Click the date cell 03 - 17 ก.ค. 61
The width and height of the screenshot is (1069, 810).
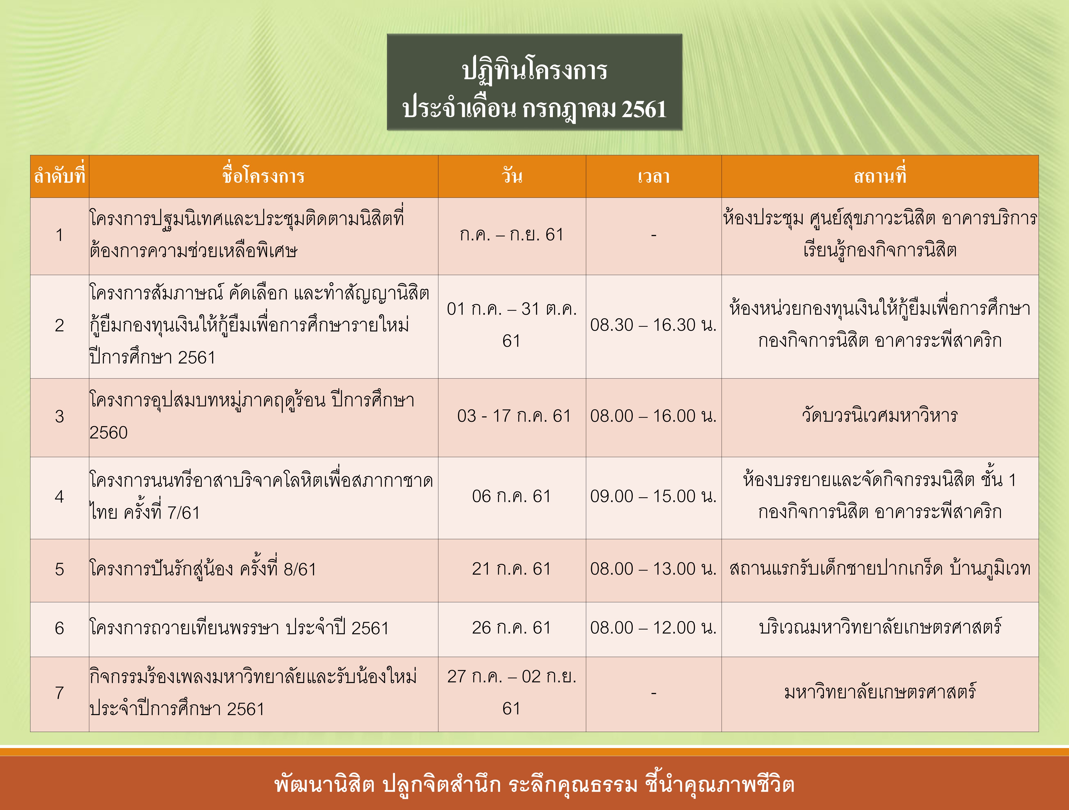[x=514, y=416]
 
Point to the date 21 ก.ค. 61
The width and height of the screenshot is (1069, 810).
[x=511, y=569]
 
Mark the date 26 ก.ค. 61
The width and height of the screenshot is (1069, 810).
[x=511, y=628]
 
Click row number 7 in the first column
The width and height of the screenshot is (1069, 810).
[x=59, y=693]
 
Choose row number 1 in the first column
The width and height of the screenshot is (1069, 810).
[x=59, y=235]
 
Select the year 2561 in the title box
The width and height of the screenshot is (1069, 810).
[x=644, y=109]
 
